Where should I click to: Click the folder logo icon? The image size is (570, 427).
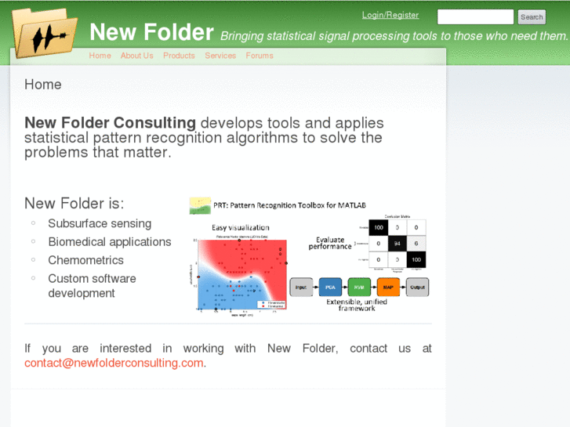pos(45,33)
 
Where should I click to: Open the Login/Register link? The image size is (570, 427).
pos(390,15)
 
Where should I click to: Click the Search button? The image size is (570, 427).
pos(532,16)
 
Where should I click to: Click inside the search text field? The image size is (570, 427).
pos(475,16)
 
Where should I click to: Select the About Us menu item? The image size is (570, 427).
pos(136,56)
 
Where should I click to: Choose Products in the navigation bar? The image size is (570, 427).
pos(179,56)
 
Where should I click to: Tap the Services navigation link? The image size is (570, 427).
pos(220,56)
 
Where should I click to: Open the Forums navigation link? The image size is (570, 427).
pos(260,56)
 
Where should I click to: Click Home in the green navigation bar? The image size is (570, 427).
pos(100,56)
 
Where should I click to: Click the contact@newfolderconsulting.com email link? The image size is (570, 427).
pos(114,363)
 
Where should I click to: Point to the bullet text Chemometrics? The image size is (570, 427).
pos(85,260)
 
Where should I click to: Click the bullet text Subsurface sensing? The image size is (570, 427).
pos(100,223)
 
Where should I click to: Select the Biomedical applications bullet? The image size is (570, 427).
pos(109,241)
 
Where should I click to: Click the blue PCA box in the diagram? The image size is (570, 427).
pos(330,287)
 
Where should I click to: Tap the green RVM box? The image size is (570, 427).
pos(359,287)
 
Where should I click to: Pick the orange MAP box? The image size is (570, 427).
pos(388,287)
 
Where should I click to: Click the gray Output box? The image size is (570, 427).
pos(417,287)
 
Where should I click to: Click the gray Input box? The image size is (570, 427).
pos(301,287)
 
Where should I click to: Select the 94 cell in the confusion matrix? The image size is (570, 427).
pos(398,244)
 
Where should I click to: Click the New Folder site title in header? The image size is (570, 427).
pos(151,32)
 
